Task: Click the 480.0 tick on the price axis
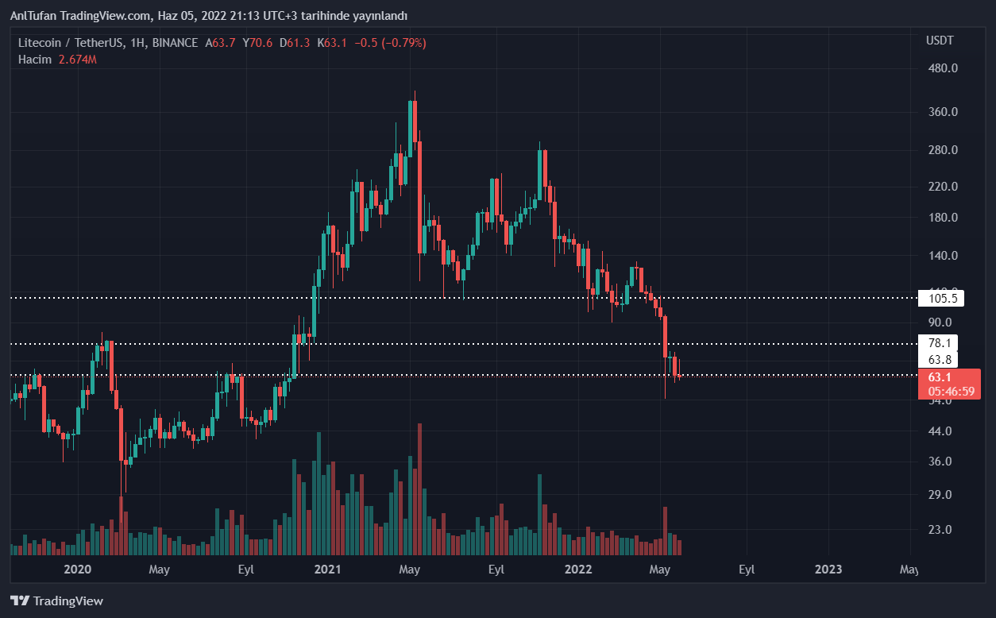point(943,68)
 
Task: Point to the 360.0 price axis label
point(943,112)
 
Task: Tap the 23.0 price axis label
point(940,530)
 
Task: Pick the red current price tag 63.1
point(940,377)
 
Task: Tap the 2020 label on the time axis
point(77,570)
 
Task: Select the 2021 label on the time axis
point(327,570)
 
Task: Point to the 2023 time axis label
point(828,570)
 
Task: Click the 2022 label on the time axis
point(577,570)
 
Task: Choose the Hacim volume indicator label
point(35,59)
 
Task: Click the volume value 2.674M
point(78,59)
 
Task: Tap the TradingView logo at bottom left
point(56,601)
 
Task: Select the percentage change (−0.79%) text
point(403,43)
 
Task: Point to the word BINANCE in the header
point(175,43)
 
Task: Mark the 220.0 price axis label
point(943,187)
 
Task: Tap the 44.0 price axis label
point(940,431)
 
